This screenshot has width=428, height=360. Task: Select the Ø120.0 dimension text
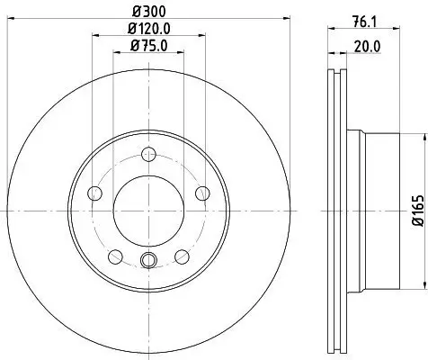click(x=149, y=31)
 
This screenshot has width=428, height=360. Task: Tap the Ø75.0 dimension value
click(x=149, y=47)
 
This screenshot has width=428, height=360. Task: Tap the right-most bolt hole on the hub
click(x=202, y=191)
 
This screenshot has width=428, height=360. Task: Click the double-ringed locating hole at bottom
click(x=149, y=262)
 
